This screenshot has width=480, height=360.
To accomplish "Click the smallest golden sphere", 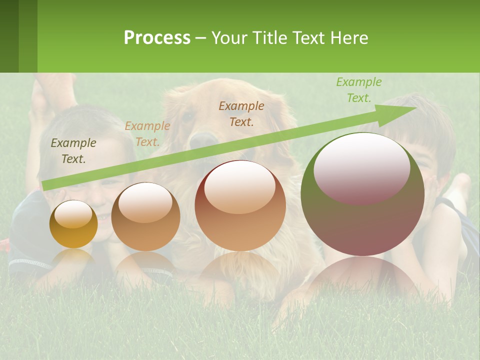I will point(73,224).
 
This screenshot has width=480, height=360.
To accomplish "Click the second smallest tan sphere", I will point(145,216).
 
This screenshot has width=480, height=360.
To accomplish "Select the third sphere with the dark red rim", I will point(240,205).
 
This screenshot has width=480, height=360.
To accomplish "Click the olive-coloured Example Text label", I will point(73,151).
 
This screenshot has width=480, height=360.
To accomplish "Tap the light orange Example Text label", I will point(147,134).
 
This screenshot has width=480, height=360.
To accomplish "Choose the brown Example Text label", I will point(241,113).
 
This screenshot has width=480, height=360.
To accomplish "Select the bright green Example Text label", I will point(358,90).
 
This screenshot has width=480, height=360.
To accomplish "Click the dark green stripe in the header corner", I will point(9,36).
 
